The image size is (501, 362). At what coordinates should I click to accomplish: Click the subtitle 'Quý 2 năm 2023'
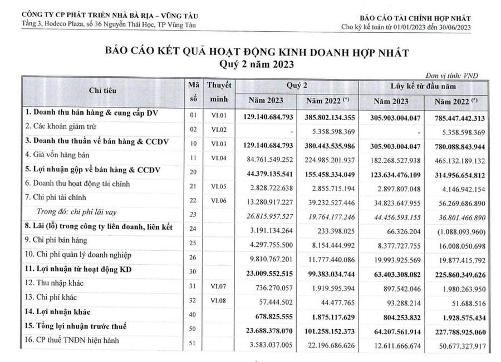256,65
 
